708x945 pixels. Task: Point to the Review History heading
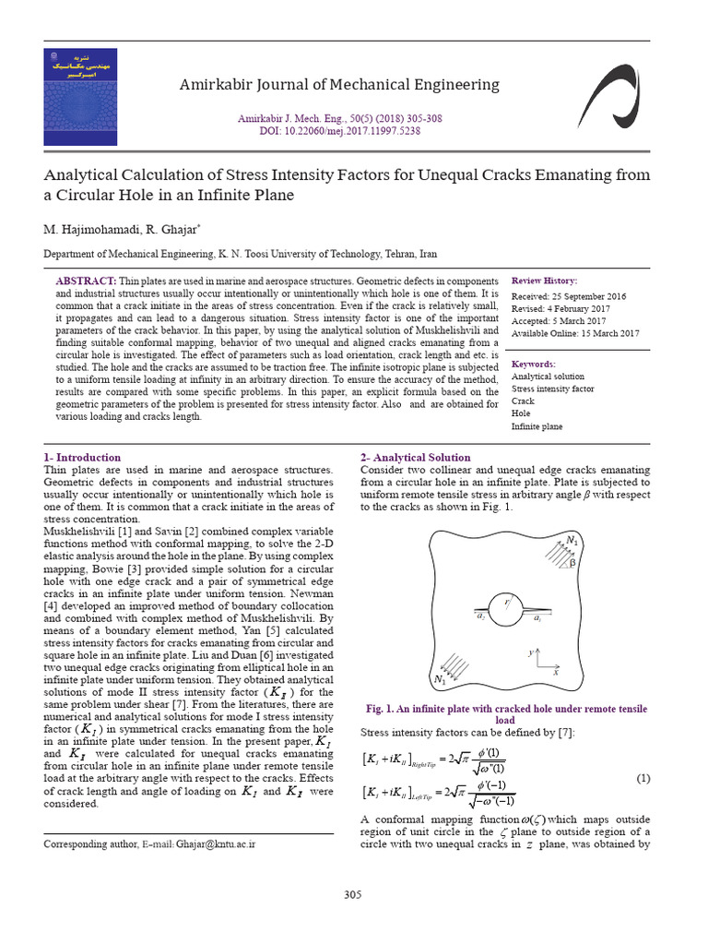pos(545,281)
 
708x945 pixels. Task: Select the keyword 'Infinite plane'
pos(537,426)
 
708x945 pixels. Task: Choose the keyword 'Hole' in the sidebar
pos(522,413)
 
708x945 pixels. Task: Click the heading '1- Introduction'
pos(82,458)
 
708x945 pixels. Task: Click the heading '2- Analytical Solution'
pos(415,458)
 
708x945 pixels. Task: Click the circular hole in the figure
pos(504,610)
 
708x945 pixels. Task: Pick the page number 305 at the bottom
pos(352,895)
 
